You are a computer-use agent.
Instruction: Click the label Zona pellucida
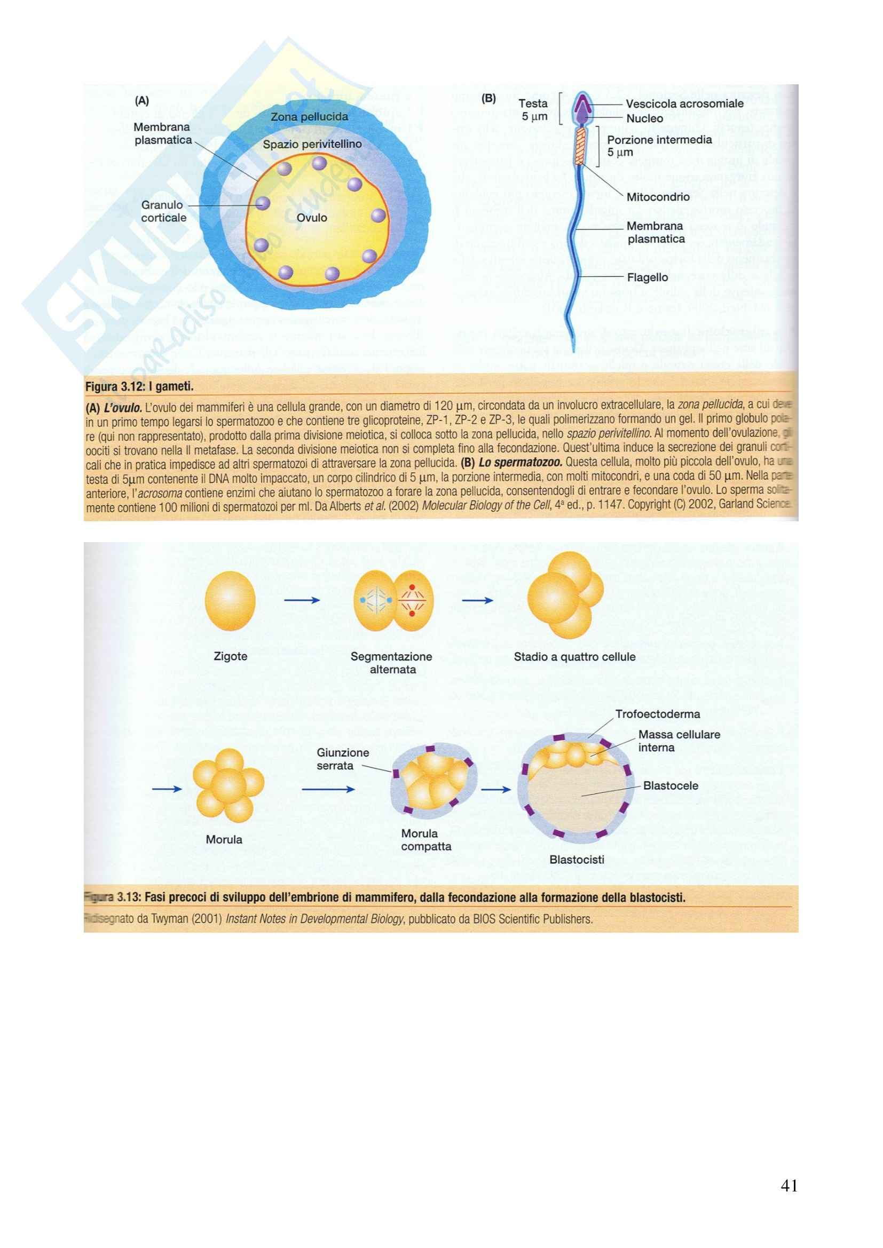click(x=310, y=117)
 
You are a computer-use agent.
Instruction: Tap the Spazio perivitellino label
click(x=312, y=145)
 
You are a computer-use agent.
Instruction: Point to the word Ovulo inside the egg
click(x=312, y=218)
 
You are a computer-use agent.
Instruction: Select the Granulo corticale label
click(x=163, y=211)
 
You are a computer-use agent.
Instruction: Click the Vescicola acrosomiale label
click(x=684, y=104)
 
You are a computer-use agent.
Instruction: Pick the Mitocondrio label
click(x=658, y=197)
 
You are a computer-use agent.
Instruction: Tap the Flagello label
click(x=647, y=277)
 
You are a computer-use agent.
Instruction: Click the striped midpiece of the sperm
click(x=582, y=145)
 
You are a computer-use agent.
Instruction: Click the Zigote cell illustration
click(x=230, y=601)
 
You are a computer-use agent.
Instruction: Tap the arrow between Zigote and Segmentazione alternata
click(x=302, y=600)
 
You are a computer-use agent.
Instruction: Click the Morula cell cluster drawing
click(x=228, y=785)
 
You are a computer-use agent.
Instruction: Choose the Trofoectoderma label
click(x=657, y=714)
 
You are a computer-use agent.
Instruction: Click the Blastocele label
click(x=671, y=785)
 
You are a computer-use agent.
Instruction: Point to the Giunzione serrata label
click(x=343, y=759)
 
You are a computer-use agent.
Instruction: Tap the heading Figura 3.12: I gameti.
click(x=140, y=387)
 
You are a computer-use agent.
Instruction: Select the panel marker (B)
click(x=489, y=99)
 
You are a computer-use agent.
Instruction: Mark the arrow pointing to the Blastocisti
click(x=496, y=789)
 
